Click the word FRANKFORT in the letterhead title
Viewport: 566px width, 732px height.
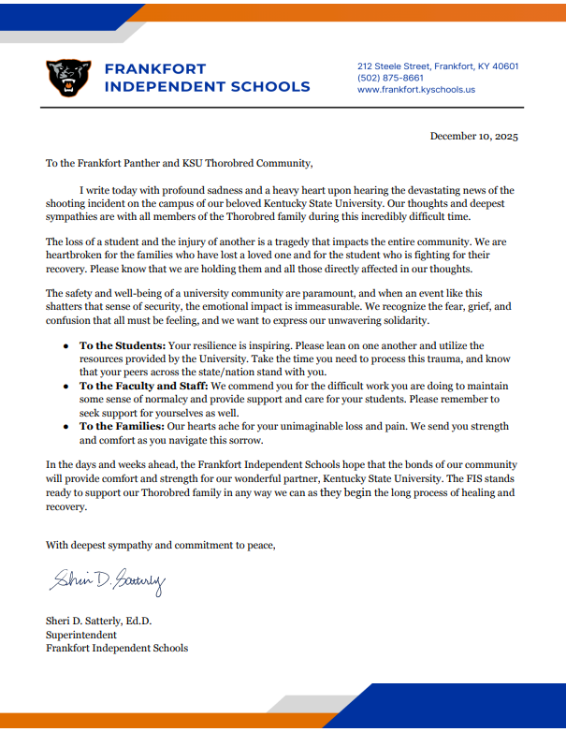click(x=155, y=69)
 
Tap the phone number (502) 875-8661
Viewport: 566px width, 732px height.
click(x=390, y=78)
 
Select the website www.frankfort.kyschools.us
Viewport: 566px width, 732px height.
click(x=416, y=90)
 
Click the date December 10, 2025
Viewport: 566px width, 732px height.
click(x=473, y=136)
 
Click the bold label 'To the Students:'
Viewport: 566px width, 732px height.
click(x=123, y=345)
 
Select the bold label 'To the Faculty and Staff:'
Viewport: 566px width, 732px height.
click(x=144, y=386)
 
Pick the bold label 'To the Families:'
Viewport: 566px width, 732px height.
click(x=122, y=426)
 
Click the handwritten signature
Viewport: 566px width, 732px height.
click(x=108, y=583)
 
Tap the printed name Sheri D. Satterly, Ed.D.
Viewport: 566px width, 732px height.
click(x=98, y=620)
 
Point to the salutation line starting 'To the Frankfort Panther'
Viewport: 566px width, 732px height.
click(x=178, y=163)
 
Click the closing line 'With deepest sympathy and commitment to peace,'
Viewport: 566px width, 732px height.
click(x=161, y=545)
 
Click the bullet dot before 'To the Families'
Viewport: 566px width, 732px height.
click(x=65, y=427)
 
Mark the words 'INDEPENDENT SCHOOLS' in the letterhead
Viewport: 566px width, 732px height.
click(x=207, y=87)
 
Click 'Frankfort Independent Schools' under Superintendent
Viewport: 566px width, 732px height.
click(x=117, y=648)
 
